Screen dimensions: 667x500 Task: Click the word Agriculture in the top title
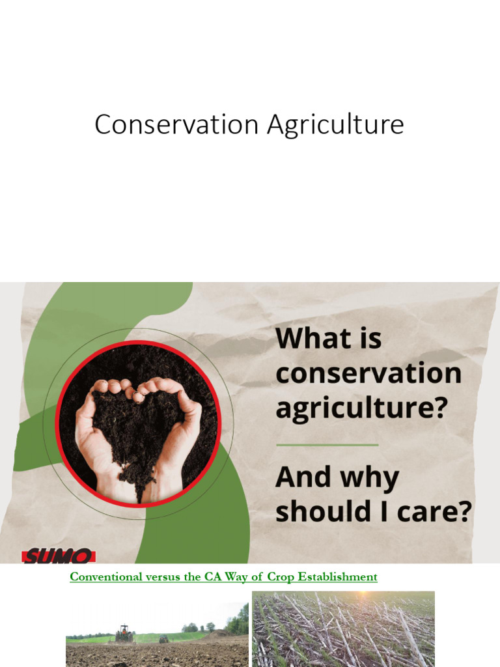click(x=326, y=125)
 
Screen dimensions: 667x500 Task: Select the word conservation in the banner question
click(x=368, y=374)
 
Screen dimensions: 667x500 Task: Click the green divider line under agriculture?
click(x=327, y=445)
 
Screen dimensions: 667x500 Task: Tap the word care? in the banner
click(x=435, y=512)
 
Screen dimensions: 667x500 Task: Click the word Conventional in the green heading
click(x=105, y=577)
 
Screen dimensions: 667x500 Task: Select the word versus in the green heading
click(x=163, y=577)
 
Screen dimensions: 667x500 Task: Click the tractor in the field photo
click(x=124, y=632)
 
